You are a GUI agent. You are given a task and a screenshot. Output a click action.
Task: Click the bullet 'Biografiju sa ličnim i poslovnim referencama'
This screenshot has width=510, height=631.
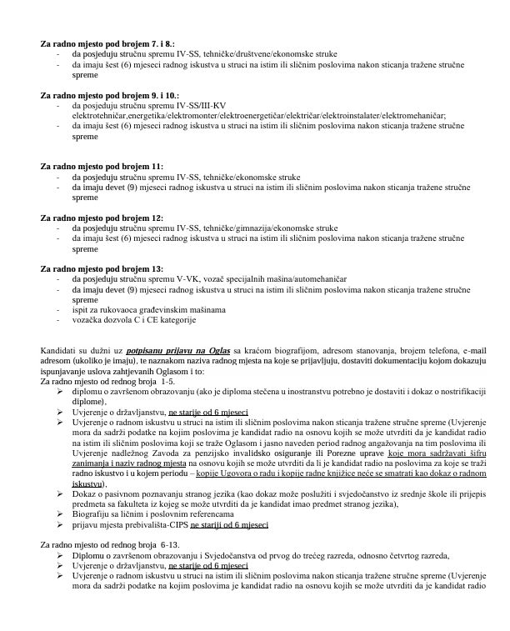tap(155, 515)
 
